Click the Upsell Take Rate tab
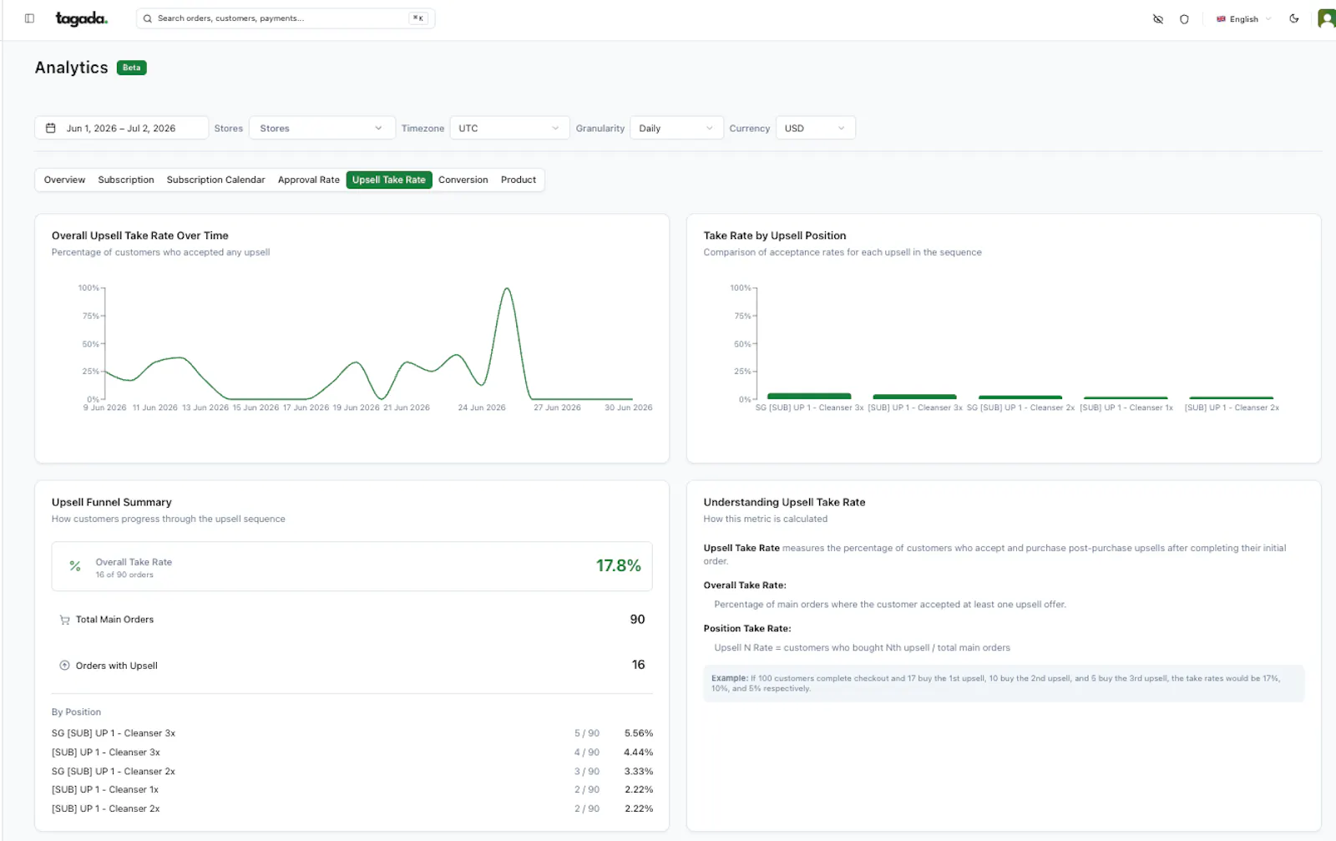pos(389,180)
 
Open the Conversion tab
pos(463,180)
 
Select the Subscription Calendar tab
pos(215,180)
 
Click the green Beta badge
pos(131,68)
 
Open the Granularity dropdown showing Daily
pos(676,129)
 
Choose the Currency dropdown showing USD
pos(815,129)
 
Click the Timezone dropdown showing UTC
pos(509,129)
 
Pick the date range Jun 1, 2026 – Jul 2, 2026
pos(122,129)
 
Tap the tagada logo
pos(81,18)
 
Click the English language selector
pos(1243,19)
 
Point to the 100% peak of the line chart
pos(506,289)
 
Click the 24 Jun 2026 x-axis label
pos(481,408)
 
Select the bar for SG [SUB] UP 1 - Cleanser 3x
pos(809,396)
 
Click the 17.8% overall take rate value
pos(618,565)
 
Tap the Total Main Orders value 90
pos(637,619)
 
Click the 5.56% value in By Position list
pos(638,733)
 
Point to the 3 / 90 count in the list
pos(587,771)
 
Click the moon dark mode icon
pos(1293,18)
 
